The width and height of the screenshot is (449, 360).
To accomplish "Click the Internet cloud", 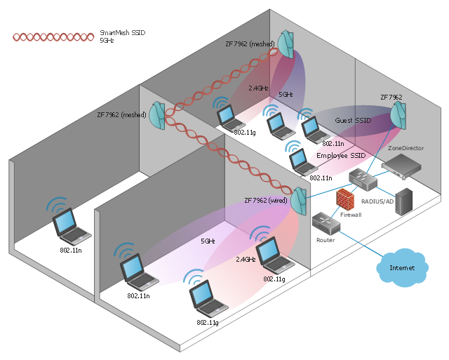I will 402,267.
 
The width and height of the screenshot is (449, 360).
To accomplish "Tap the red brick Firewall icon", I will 344,200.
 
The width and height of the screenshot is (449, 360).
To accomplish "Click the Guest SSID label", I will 352,120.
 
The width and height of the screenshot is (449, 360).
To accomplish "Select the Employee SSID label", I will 341,154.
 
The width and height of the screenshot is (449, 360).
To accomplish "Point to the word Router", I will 326,240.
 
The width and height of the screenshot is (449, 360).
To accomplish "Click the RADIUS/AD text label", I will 377,201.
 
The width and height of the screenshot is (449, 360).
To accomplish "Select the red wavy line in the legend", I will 53,36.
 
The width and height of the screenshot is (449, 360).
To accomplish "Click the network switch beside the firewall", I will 363,178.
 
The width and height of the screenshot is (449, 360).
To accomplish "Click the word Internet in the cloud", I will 402,268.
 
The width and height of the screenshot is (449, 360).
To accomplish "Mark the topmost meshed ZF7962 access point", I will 286,44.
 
